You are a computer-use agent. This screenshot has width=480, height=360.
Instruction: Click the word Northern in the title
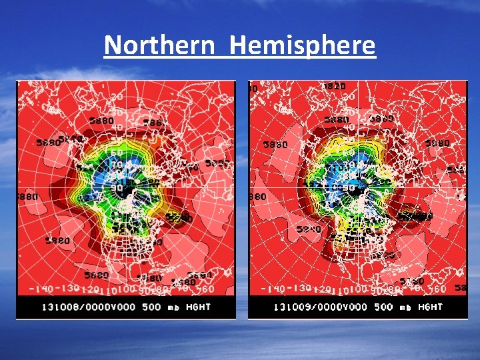[x=159, y=45]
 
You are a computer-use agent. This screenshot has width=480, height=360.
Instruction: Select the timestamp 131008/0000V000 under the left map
[x=89, y=307]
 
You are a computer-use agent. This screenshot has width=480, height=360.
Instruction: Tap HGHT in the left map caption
[x=198, y=307]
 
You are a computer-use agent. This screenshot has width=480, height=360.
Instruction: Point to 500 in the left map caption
[x=152, y=307]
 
